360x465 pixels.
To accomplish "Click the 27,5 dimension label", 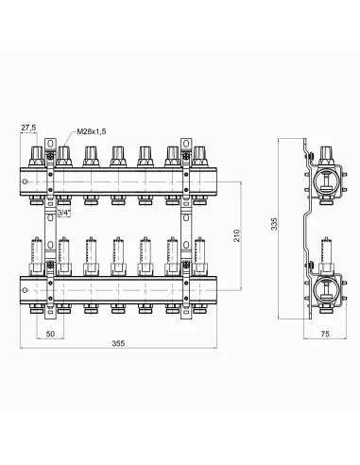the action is [x=28, y=128].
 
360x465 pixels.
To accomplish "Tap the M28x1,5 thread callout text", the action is [x=92, y=131].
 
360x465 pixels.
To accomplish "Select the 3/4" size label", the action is [x=63, y=213].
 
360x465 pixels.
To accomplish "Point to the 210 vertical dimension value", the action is [x=236, y=235].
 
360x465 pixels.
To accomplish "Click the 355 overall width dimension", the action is [x=118, y=343].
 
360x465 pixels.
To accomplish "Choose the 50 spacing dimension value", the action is [x=50, y=334].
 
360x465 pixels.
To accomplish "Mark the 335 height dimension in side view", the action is [x=275, y=224].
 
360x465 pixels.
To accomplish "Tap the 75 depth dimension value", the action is [x=325, y=334].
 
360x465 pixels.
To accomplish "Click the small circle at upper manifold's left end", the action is [x=25, y=182].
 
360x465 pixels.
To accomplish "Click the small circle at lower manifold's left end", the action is [x=25, y=290].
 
